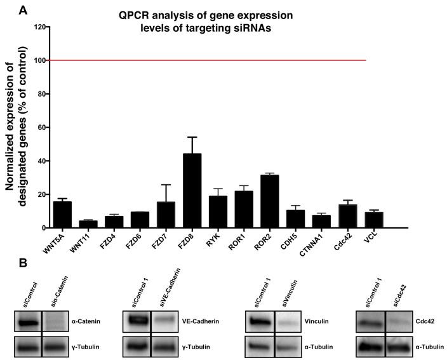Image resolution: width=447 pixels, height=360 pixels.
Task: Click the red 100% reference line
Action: pos(210,61)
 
